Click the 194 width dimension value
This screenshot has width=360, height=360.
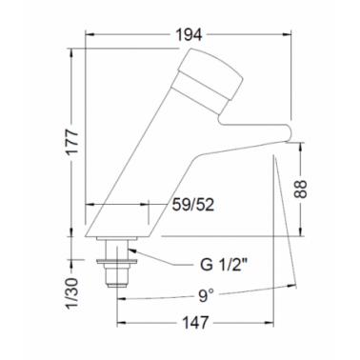189,34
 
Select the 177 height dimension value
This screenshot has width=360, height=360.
73,142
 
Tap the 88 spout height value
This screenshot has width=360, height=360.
300,190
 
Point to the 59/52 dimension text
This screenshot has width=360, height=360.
193,205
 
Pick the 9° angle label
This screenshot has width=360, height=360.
206,296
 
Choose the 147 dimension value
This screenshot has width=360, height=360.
195,323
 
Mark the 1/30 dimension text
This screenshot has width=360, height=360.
72,293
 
